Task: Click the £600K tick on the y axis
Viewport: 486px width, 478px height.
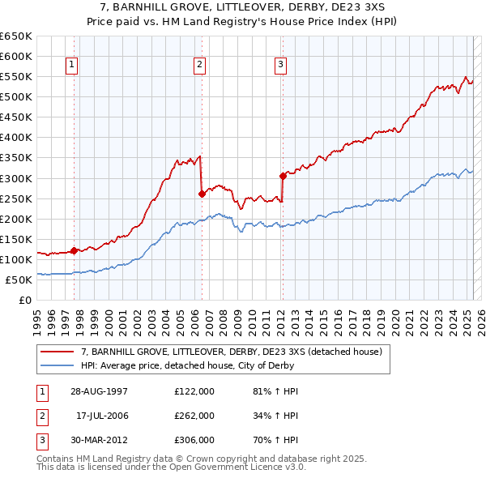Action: (x=16, y=56)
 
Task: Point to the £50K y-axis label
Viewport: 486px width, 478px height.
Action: (x=19, y=280)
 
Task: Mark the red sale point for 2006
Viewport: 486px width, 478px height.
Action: (x=202, y=194)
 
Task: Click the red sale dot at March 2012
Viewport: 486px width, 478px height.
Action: (x=283, y=176)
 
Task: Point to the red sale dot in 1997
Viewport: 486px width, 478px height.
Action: (x=75, y=250)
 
